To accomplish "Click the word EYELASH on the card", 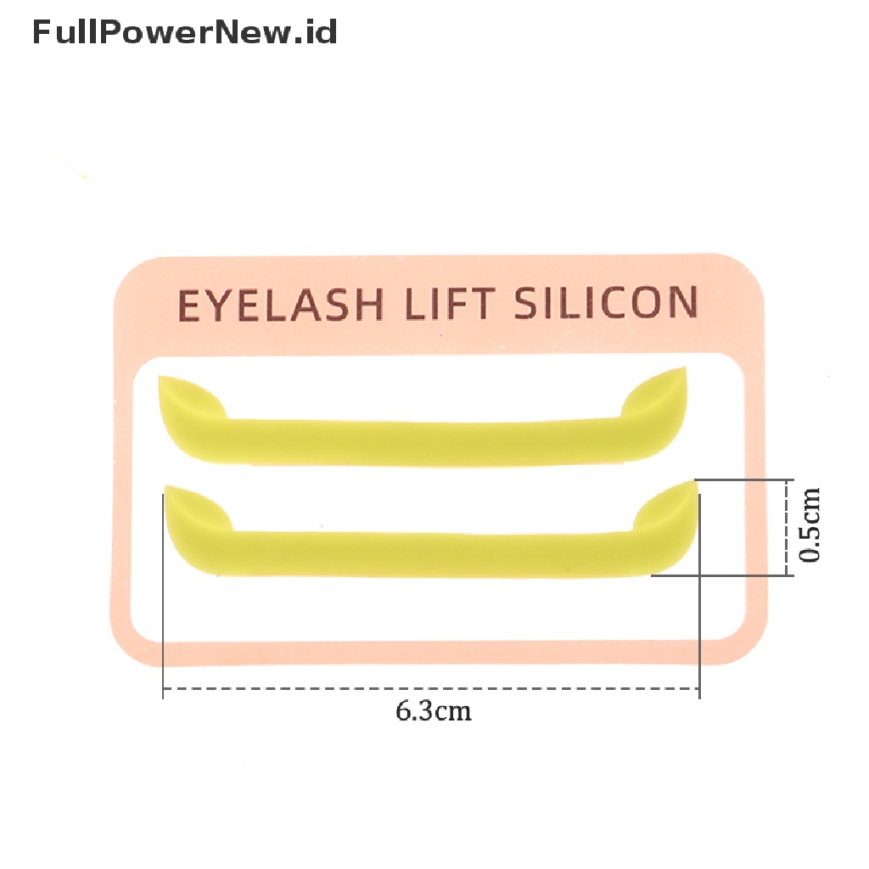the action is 280,305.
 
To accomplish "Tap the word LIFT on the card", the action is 450,304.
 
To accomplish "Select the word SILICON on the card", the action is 606,303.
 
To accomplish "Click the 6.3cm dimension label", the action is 434,711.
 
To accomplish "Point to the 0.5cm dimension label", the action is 809,525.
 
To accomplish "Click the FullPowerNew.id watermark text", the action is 184,31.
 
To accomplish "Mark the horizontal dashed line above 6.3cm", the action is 431,688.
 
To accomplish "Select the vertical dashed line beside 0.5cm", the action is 787,528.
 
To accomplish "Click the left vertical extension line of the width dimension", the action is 163,596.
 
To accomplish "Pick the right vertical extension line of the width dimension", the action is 699,596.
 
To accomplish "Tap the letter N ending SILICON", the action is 684,303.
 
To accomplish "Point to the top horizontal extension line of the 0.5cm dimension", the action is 743,480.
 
